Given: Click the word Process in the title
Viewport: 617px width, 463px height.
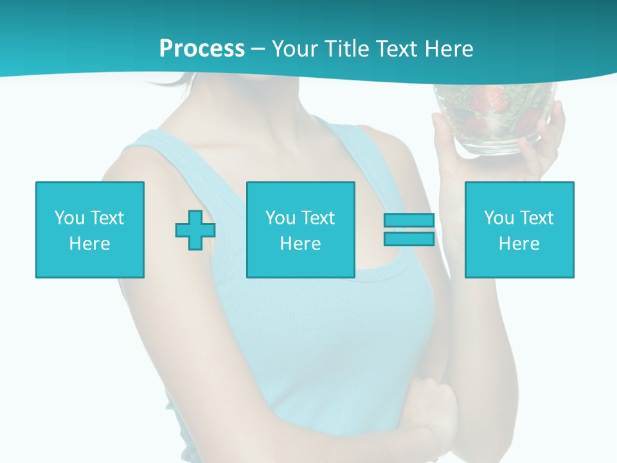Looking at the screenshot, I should coord(202,49).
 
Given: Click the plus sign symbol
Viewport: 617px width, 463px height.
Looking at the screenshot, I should coord(195,230).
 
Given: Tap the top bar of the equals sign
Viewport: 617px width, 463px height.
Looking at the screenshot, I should coord(409,220).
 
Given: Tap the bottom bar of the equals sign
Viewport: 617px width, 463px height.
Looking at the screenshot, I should coord(409,239).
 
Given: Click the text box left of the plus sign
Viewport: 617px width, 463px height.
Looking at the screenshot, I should coord(90,230).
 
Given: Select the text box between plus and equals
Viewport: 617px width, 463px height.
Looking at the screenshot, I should coord(300,230).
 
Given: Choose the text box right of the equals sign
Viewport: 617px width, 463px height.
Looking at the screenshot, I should coord(519,230).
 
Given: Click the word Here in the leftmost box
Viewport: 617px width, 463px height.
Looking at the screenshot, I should coord(90,244).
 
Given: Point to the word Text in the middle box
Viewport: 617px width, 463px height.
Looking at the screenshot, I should coord(318,218).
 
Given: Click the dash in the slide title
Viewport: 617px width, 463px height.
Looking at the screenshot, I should coord(258,49).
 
